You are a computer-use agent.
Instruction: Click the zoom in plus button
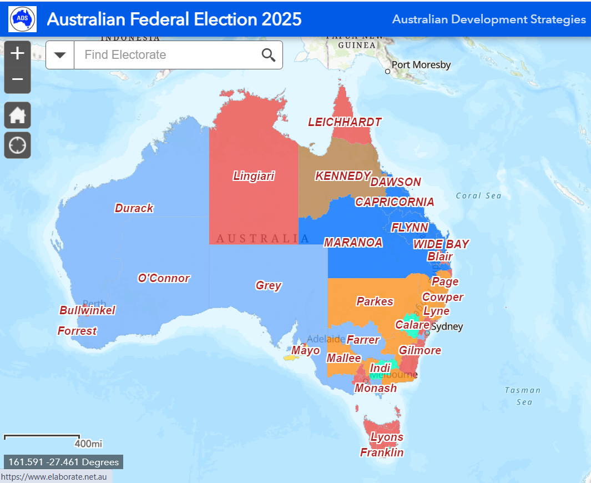pos(18,53)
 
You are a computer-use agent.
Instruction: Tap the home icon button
pos(18,115)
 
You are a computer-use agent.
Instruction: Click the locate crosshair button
pos(18,145)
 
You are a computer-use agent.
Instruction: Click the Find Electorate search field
pos(166,55)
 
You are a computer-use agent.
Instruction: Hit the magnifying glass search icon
pos(269,55)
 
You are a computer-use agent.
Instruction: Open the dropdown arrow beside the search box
pos(60,55)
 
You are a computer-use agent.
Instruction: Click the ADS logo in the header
pos(23,19)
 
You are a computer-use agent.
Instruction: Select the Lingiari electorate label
pos(254,176)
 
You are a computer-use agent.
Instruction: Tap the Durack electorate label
pos(134,208)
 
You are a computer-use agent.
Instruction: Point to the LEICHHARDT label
pos(345,122)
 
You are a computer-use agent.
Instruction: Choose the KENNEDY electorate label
pos(342,176)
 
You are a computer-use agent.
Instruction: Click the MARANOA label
pos(353,243)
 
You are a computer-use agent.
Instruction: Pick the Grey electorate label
pos(269,285)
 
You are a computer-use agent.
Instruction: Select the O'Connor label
pos(164,278)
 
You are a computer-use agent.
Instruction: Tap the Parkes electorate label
pos(375,301)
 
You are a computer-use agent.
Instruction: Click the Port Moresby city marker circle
pos(388,71)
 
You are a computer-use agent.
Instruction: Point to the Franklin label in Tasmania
pos(382,452)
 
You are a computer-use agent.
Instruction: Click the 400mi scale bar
pos(42,437)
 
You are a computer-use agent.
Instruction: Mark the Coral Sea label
pos(478,195)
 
